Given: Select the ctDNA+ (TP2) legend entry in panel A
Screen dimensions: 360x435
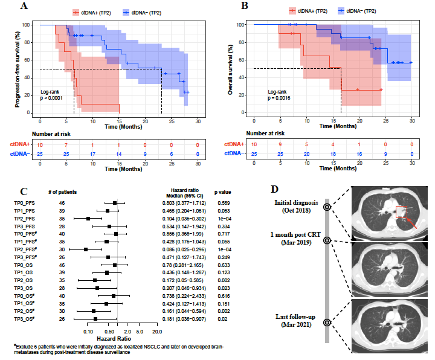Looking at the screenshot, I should pos(92,11).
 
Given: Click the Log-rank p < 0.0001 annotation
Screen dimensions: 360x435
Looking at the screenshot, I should pos(50,93).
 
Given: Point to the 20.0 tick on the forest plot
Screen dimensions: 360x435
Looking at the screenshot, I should pos(156,332).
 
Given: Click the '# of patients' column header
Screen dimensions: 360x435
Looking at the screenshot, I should pos(72,192).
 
